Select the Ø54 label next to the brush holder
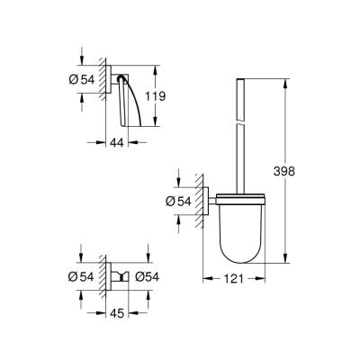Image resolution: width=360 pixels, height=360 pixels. (175, 203)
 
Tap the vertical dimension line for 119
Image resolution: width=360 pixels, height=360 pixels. (157, 94)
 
